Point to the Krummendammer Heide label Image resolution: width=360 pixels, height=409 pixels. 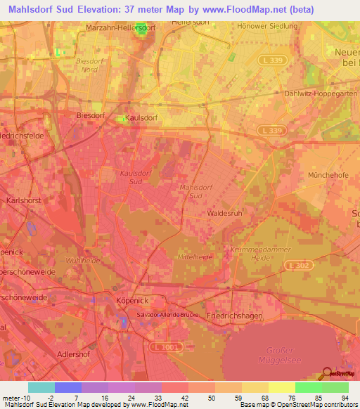pyautogui.click(x=251, y=254)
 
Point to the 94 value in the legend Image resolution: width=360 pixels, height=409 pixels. pyautogui.click(x=345, y=398)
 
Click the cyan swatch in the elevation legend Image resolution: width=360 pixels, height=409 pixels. pyautogui.click(x=41, y=387)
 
